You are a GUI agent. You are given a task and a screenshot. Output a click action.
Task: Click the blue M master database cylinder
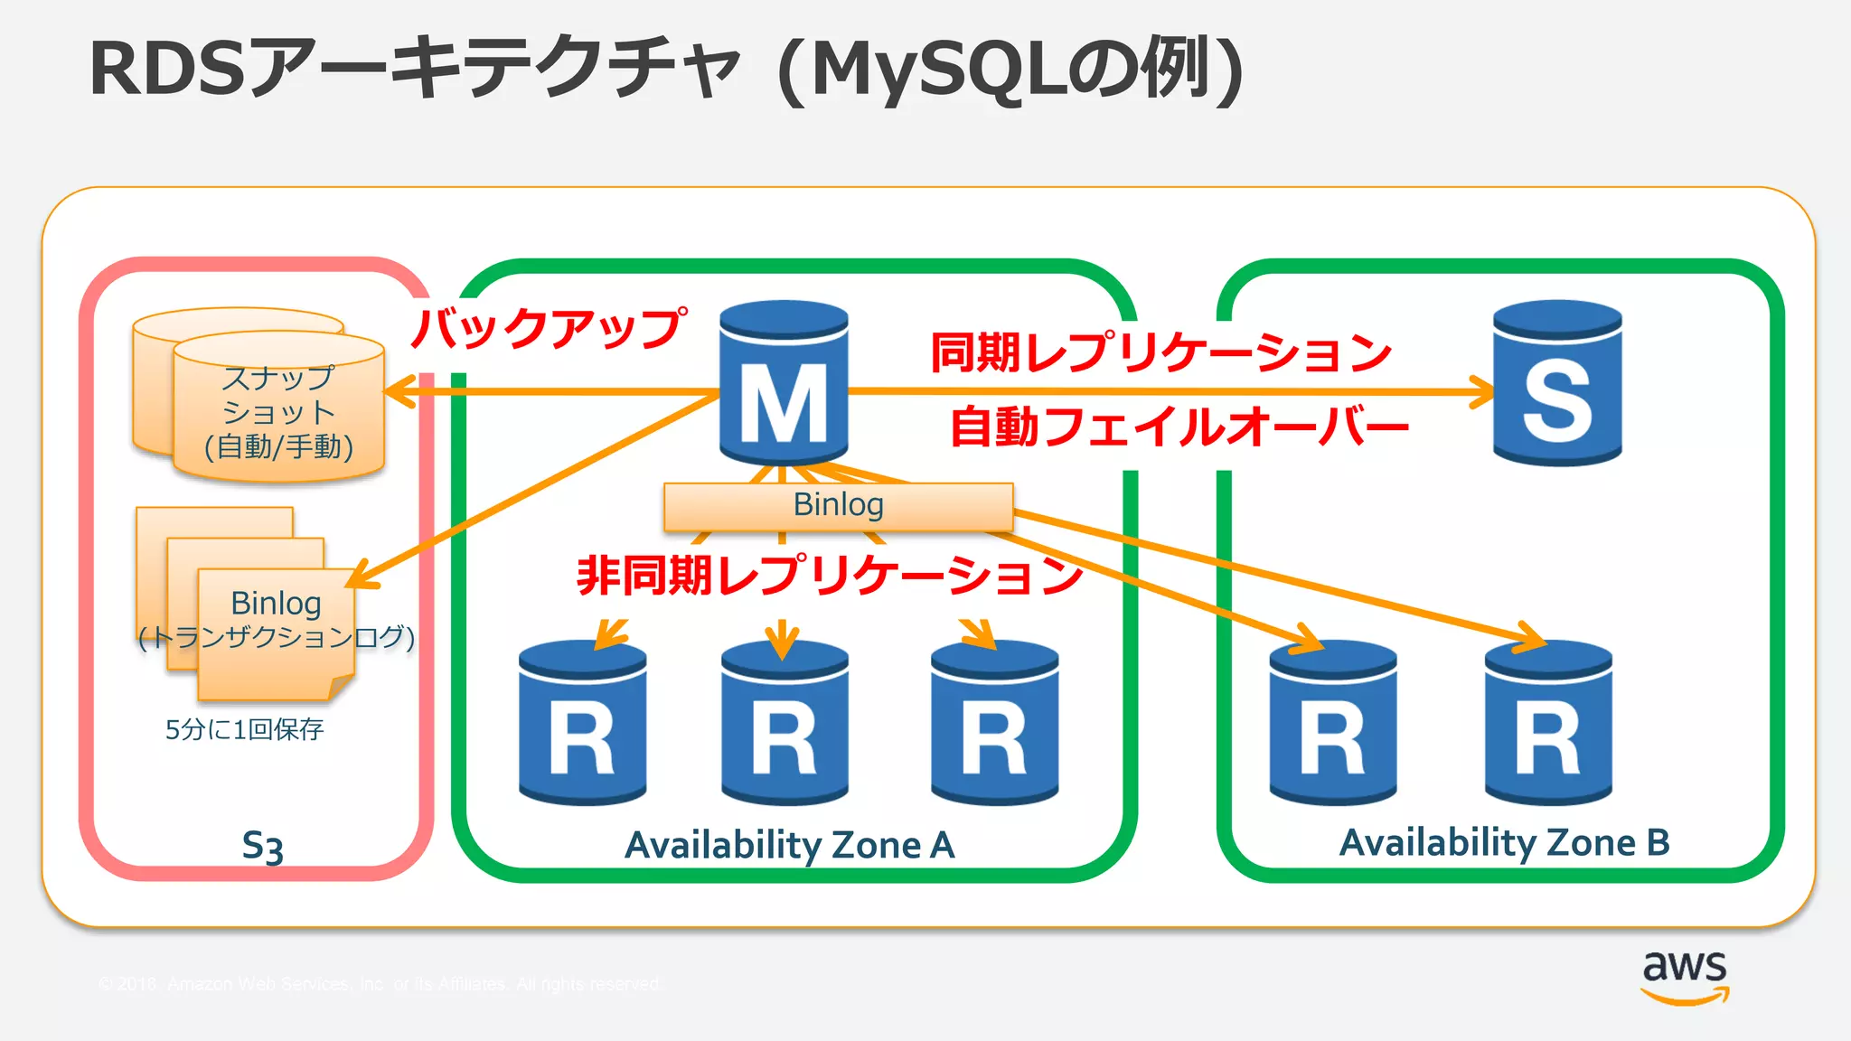[x=784, y=384]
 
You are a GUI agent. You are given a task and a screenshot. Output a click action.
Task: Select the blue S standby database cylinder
[x=1556, y=384]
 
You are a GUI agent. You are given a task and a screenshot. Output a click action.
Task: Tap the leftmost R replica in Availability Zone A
[x=582, y=723]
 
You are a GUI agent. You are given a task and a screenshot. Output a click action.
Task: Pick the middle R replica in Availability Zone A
[x=785, y=723]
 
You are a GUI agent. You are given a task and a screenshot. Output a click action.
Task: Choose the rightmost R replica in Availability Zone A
[x=994, y=723]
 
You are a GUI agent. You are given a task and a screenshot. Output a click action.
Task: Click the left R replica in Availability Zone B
[x=1332, y=723]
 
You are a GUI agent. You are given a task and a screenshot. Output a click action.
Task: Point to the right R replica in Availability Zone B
[x=1548, y=723]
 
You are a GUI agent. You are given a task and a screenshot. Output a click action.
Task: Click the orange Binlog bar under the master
[x=838, y=506]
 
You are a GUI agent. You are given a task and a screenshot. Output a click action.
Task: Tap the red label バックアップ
[x=548, y=327]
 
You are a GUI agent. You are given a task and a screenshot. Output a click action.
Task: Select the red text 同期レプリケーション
[x=1160, y=352]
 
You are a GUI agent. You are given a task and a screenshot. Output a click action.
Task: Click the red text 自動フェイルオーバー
[x=1179, y=427]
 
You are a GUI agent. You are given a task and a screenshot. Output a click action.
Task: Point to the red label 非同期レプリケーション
[x=830, y=575]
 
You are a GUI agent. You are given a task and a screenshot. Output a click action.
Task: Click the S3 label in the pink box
[x=262, y=847]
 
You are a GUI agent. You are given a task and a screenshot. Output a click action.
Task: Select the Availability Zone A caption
[x=789, y=846]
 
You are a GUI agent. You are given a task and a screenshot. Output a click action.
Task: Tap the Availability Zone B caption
[x=1504, y=843]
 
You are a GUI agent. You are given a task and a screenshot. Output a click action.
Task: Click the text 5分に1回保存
[x=244, y=729]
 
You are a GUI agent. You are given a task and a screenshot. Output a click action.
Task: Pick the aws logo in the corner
[x=1685, y=976]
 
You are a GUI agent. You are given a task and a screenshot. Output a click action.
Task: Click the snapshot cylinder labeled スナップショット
[x=278, y=411]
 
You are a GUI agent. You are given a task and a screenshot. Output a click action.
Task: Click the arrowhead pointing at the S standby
[x=1482, y=392]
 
